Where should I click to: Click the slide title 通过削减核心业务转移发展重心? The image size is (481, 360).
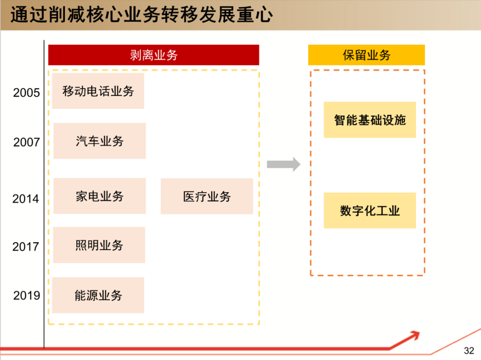142,15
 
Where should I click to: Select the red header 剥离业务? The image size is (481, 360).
154,55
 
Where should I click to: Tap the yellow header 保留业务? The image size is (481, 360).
366,55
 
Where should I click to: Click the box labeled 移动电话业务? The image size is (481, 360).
98,91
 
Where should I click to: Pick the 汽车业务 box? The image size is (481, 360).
99,141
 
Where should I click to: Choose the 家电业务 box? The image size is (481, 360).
99,196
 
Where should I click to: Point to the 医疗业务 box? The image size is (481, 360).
207,196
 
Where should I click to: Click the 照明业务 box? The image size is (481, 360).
99,245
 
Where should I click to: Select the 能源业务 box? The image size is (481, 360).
98,295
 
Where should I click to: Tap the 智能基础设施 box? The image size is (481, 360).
370,120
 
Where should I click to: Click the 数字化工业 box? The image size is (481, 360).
370,210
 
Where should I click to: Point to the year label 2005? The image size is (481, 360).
26,93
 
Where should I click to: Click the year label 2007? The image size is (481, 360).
26,142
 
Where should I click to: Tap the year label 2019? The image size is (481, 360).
26,295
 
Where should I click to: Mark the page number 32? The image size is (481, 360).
469,351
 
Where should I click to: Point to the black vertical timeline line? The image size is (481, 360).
44,222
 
